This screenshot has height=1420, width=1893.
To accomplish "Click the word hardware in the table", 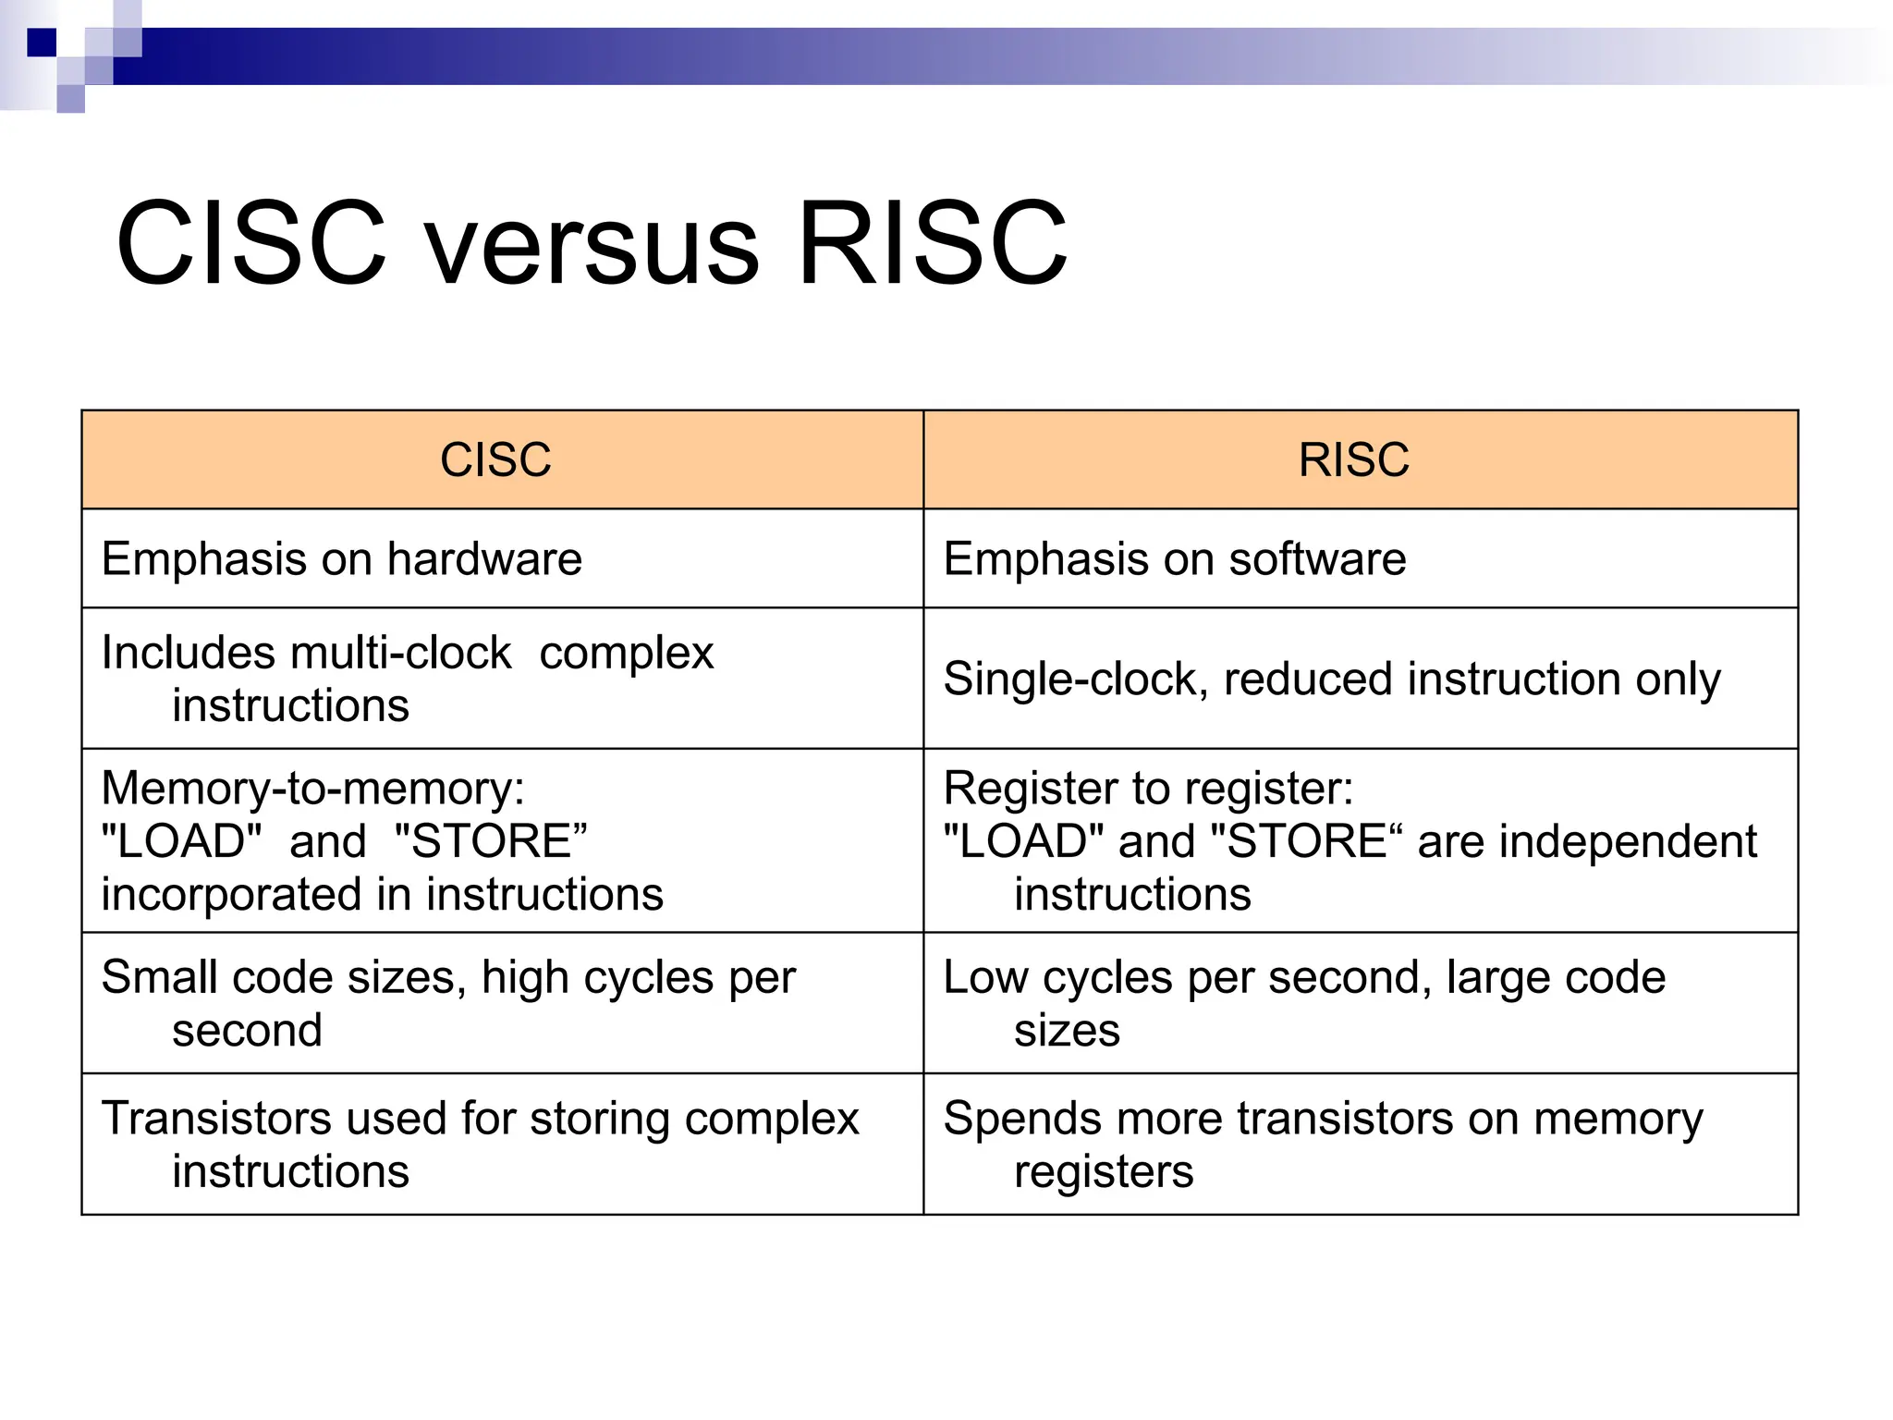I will point(484,558).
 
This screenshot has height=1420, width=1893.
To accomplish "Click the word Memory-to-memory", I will point(312,789).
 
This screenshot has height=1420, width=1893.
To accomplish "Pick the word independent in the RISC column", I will point(1628,841).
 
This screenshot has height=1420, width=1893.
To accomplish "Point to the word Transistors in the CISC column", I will point(216,1118).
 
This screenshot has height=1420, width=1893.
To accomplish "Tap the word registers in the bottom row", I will point(1104,1172).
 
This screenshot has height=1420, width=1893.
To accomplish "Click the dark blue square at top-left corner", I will point(42,43).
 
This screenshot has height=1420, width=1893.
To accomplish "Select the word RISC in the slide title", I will point(932,245).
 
